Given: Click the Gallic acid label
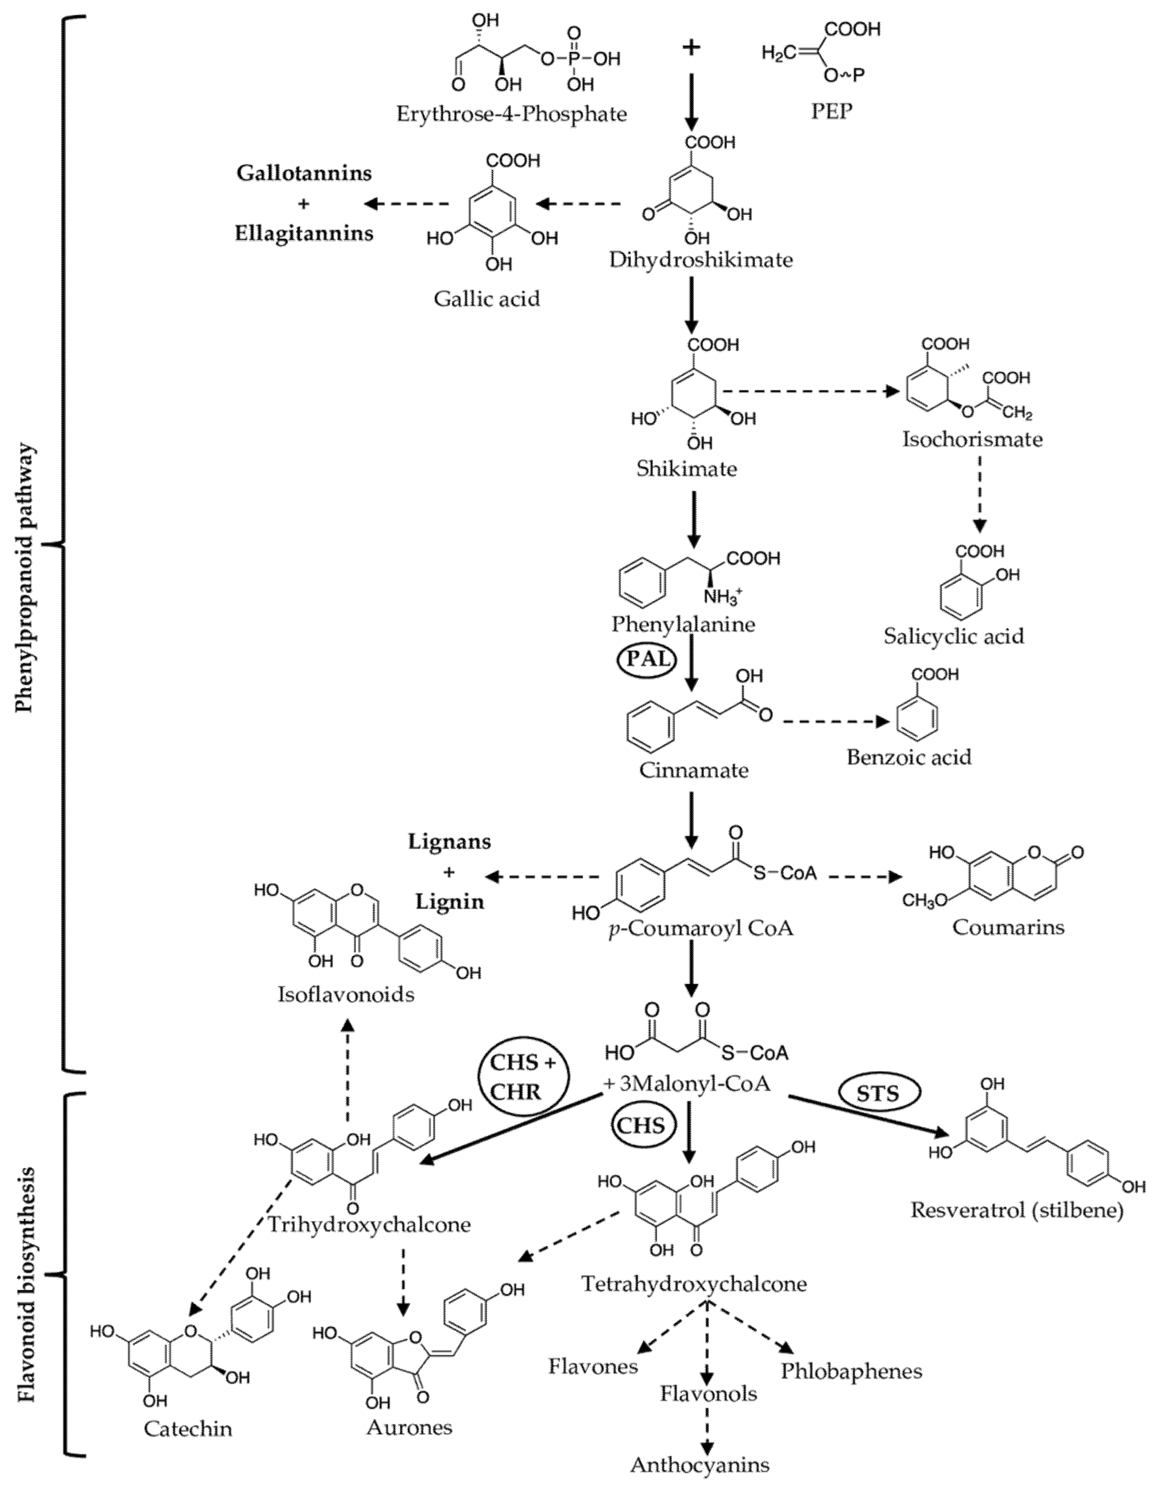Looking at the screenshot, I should pos(486,299).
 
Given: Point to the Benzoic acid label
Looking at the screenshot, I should pos(909,757).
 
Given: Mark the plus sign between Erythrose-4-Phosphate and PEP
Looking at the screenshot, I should pos(691,48).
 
